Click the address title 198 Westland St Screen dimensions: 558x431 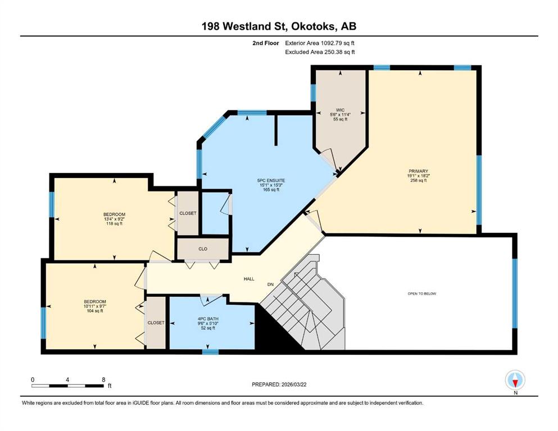click(x=246, y=26)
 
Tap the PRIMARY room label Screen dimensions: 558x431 click(x=418, y=171)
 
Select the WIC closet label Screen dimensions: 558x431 click(x=340, y=110)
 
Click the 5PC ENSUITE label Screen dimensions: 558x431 click(x=271, y=181)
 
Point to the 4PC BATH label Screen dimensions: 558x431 click(x=208, y=319)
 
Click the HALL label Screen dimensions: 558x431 click(x=249, y=279)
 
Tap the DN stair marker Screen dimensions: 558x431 click(x=270, y=285)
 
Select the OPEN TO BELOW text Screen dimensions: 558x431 click(x=421, y=294)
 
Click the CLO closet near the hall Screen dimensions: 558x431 click(x=203, y=249)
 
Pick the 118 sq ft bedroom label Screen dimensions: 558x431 click(x=114, y=219)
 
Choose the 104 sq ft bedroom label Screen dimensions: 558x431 click(x=95, y=306)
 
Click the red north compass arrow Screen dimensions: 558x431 click(x=515, y=383)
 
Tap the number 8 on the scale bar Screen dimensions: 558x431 click(x=103, y=379)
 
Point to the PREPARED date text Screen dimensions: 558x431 click(x=279, y=384)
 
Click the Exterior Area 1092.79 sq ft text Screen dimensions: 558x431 click(x=320, y=43)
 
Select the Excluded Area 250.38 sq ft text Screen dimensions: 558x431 click(x=320, y=52)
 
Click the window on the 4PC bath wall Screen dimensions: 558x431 click(x=210, y=352)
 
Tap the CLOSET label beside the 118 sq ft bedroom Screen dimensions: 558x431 click(x=188, y=213)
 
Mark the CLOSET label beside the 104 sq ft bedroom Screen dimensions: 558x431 click(x=156, y=323)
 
